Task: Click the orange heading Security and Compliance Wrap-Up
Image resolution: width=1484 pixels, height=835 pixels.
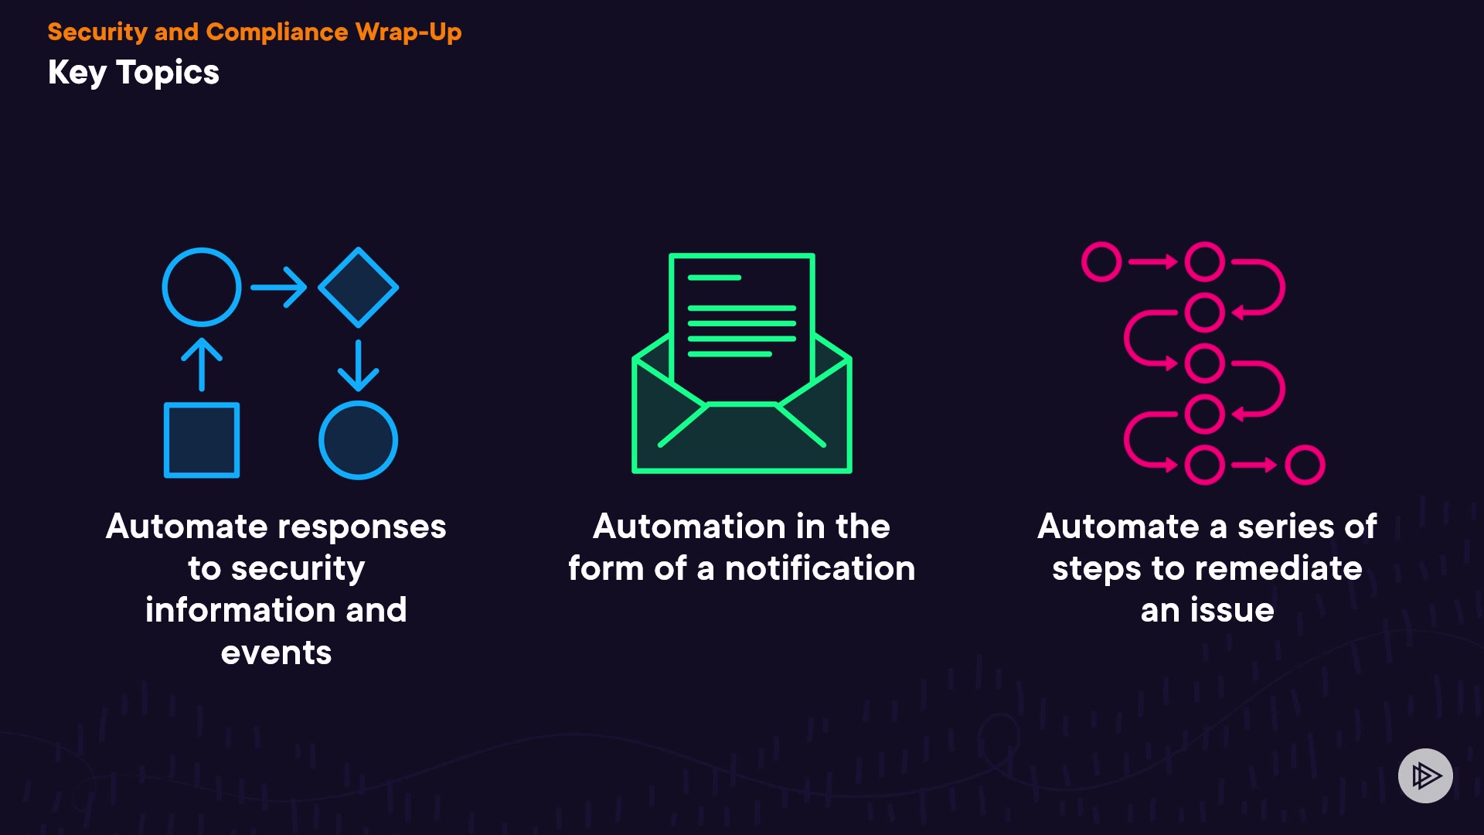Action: tap(254, 32)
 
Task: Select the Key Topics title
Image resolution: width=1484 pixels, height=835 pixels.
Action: tap(134, 73)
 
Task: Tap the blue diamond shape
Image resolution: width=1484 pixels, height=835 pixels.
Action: tap(358, 287)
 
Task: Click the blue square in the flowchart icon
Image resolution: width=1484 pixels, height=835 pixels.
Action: tap(202, 440)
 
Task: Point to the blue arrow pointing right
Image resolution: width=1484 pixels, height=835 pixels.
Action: tap(279, 287)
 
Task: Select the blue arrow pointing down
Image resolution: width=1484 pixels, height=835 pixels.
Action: tap(358, 365)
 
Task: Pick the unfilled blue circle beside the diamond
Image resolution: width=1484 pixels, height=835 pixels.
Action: tap(202, 287)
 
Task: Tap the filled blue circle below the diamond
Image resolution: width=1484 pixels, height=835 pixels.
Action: tap(358, 440)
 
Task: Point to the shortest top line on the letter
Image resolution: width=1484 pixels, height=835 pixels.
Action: tap(714, 278)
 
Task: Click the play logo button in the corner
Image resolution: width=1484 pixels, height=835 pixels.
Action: tap(1425, 775)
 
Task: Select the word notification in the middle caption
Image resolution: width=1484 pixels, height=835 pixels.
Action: tap(820, 569)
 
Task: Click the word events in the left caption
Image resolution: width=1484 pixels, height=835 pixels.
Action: tap(276, 653)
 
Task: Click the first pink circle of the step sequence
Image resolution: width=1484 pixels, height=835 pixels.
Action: tap(1101, 262)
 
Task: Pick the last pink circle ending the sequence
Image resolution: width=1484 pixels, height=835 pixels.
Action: tap(1305, 465)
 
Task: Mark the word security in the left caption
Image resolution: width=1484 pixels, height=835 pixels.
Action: tap(298, 569)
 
